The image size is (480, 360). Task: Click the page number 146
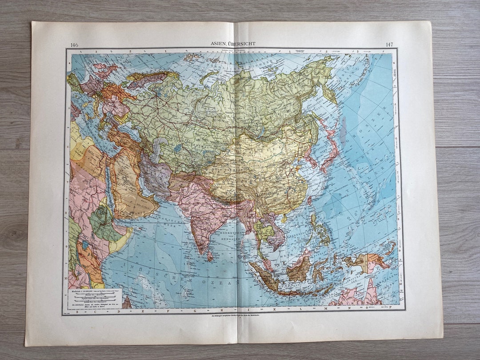coord(74,44)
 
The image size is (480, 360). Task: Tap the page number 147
coord(389,44)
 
